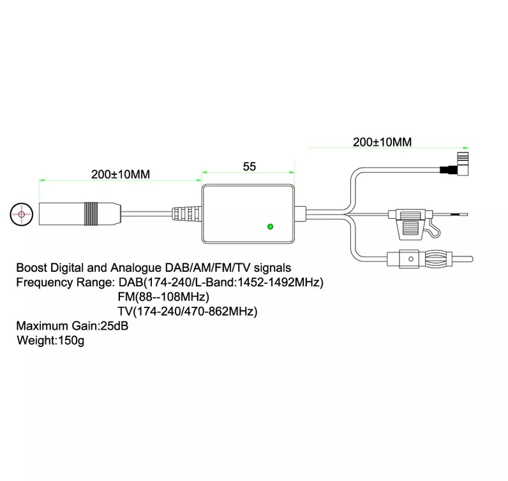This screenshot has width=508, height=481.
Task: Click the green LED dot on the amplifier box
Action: pos(271,226)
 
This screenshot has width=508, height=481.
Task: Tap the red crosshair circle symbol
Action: pos(22,214)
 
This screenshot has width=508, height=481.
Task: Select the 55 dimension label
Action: pos(250,166)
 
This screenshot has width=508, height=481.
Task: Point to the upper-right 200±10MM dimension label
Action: pos(382,142)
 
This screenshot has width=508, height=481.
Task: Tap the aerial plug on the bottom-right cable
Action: pos(431,260)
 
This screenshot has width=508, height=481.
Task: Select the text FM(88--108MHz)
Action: pos(163,297)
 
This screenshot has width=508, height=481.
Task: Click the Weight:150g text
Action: pos(50,341)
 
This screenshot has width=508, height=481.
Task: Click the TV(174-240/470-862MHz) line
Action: pos(188,311)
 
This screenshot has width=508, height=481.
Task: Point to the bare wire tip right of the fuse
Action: pos(457,214)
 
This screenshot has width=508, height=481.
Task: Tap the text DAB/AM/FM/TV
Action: pos(202,269)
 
